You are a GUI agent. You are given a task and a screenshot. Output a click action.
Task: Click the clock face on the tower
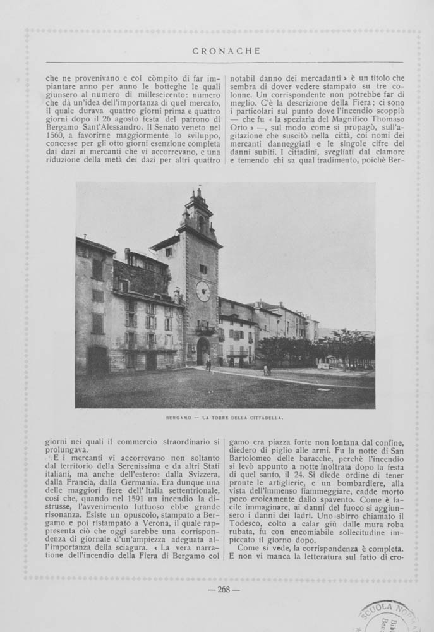(x=203, y=291)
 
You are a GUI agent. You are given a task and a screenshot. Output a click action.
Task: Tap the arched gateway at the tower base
(x=203, y=351)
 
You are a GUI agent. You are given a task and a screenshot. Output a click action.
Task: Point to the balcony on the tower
(x=204, y=329)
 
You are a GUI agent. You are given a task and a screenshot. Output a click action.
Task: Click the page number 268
(x=224, y=590)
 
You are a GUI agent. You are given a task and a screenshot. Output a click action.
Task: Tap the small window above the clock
(x=203, y=268)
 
